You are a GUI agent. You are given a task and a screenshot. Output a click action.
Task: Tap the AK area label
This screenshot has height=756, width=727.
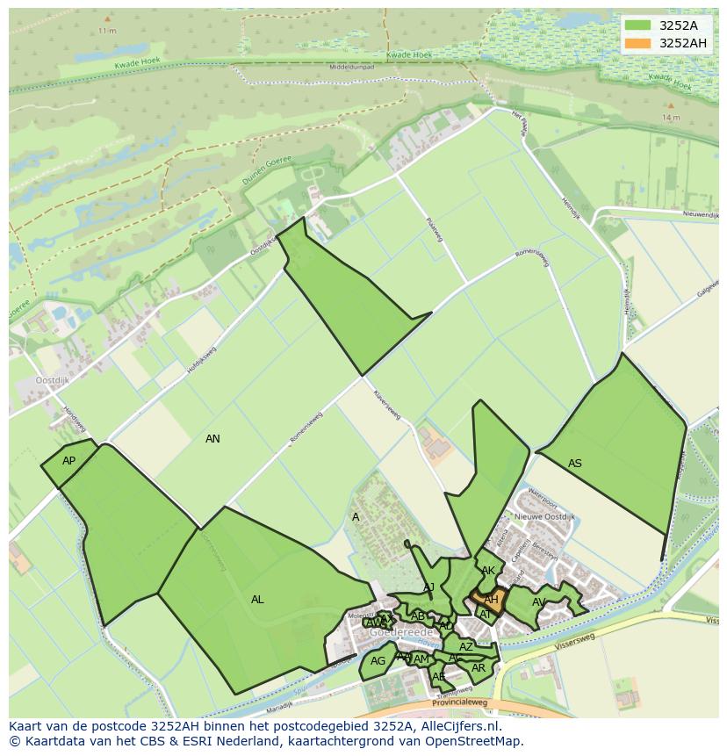click(x=488, y=571)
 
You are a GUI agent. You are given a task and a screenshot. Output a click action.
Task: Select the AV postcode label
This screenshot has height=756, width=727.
click(x=539, y=602)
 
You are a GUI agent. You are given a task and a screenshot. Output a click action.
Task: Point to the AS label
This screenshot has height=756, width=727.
click(x=575, y=464)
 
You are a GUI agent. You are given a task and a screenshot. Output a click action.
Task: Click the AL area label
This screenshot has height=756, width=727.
click(x=257, y=600)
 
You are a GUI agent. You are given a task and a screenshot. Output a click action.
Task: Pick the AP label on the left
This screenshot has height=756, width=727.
click(x=68, y=461)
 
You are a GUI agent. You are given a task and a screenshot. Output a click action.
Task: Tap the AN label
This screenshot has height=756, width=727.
click(x=212, y=439)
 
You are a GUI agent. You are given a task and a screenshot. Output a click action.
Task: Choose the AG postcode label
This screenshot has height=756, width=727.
click(x=378, y=661)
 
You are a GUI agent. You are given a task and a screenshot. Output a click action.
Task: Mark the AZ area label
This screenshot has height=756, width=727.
click(x=466, y=647)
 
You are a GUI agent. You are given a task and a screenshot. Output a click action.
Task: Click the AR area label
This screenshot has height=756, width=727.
click(x=479, y=668)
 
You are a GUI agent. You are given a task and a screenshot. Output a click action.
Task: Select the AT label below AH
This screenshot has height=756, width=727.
click(x=486, y=615)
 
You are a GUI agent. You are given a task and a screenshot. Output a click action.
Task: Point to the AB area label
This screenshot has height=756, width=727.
click(x=418, y=616)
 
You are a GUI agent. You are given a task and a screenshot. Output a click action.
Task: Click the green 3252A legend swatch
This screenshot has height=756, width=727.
click(x=638, y=25)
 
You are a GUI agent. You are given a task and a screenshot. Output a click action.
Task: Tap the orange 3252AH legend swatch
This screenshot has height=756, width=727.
click(x=638, y=43)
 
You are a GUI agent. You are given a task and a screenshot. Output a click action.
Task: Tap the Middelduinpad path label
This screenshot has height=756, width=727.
click(x=351, y=67)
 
